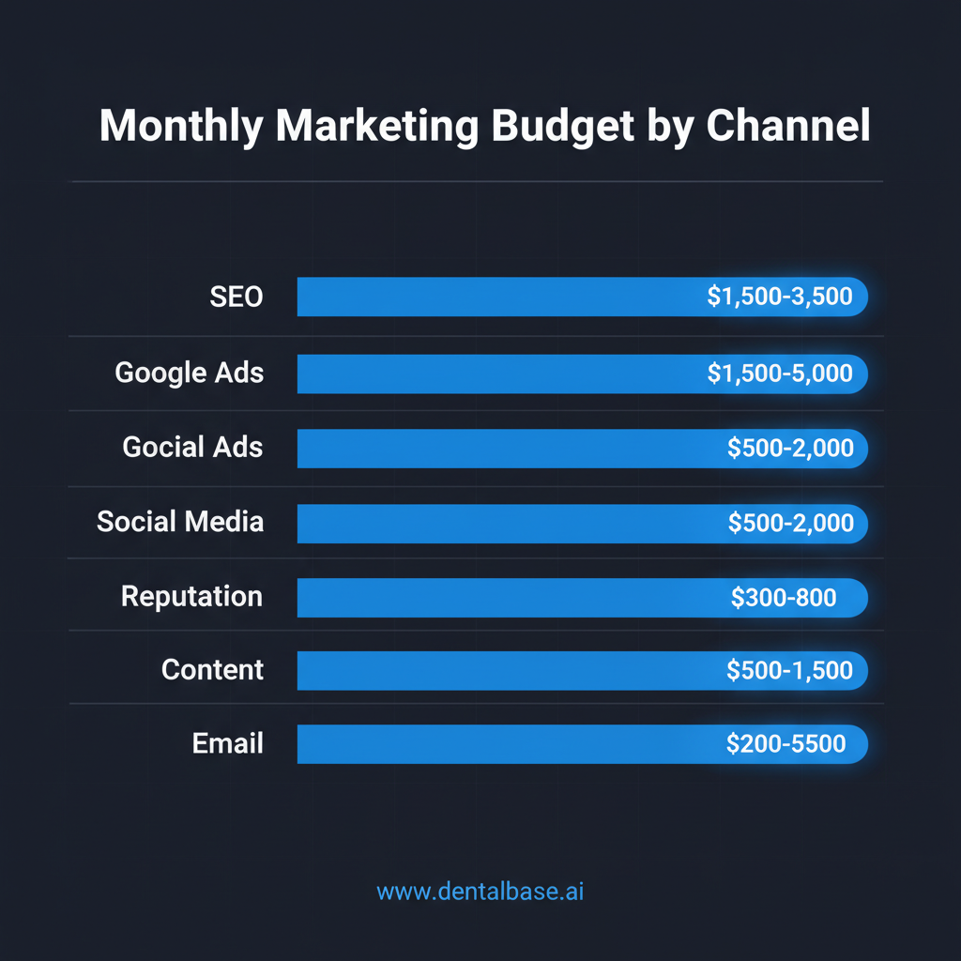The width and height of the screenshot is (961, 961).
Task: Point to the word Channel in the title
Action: (787, 127)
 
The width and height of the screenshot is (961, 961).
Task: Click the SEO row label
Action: (236, 297)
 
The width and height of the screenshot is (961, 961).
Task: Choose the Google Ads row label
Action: (190, 374)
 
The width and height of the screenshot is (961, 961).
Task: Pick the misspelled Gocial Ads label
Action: (193, 448)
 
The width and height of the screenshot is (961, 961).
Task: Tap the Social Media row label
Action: (180, 522)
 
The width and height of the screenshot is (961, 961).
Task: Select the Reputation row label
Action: (192, 597)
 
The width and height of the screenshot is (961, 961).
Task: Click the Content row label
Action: (212, 670)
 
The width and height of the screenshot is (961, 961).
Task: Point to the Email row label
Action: (228, 744)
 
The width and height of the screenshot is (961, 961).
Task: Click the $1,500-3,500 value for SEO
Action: (780, 297)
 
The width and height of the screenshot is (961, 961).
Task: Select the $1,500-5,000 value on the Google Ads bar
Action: (780, 374)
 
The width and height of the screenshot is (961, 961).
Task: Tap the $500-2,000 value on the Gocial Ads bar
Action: (790, 449)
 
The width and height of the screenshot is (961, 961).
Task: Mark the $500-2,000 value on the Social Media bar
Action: (790, 523)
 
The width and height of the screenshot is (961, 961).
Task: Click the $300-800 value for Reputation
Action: (784, 597)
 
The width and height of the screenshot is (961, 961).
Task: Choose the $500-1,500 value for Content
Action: (789, 670)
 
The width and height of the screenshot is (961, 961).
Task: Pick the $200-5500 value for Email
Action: (786, 744)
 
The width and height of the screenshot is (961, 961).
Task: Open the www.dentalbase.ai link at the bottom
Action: (480, 892)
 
